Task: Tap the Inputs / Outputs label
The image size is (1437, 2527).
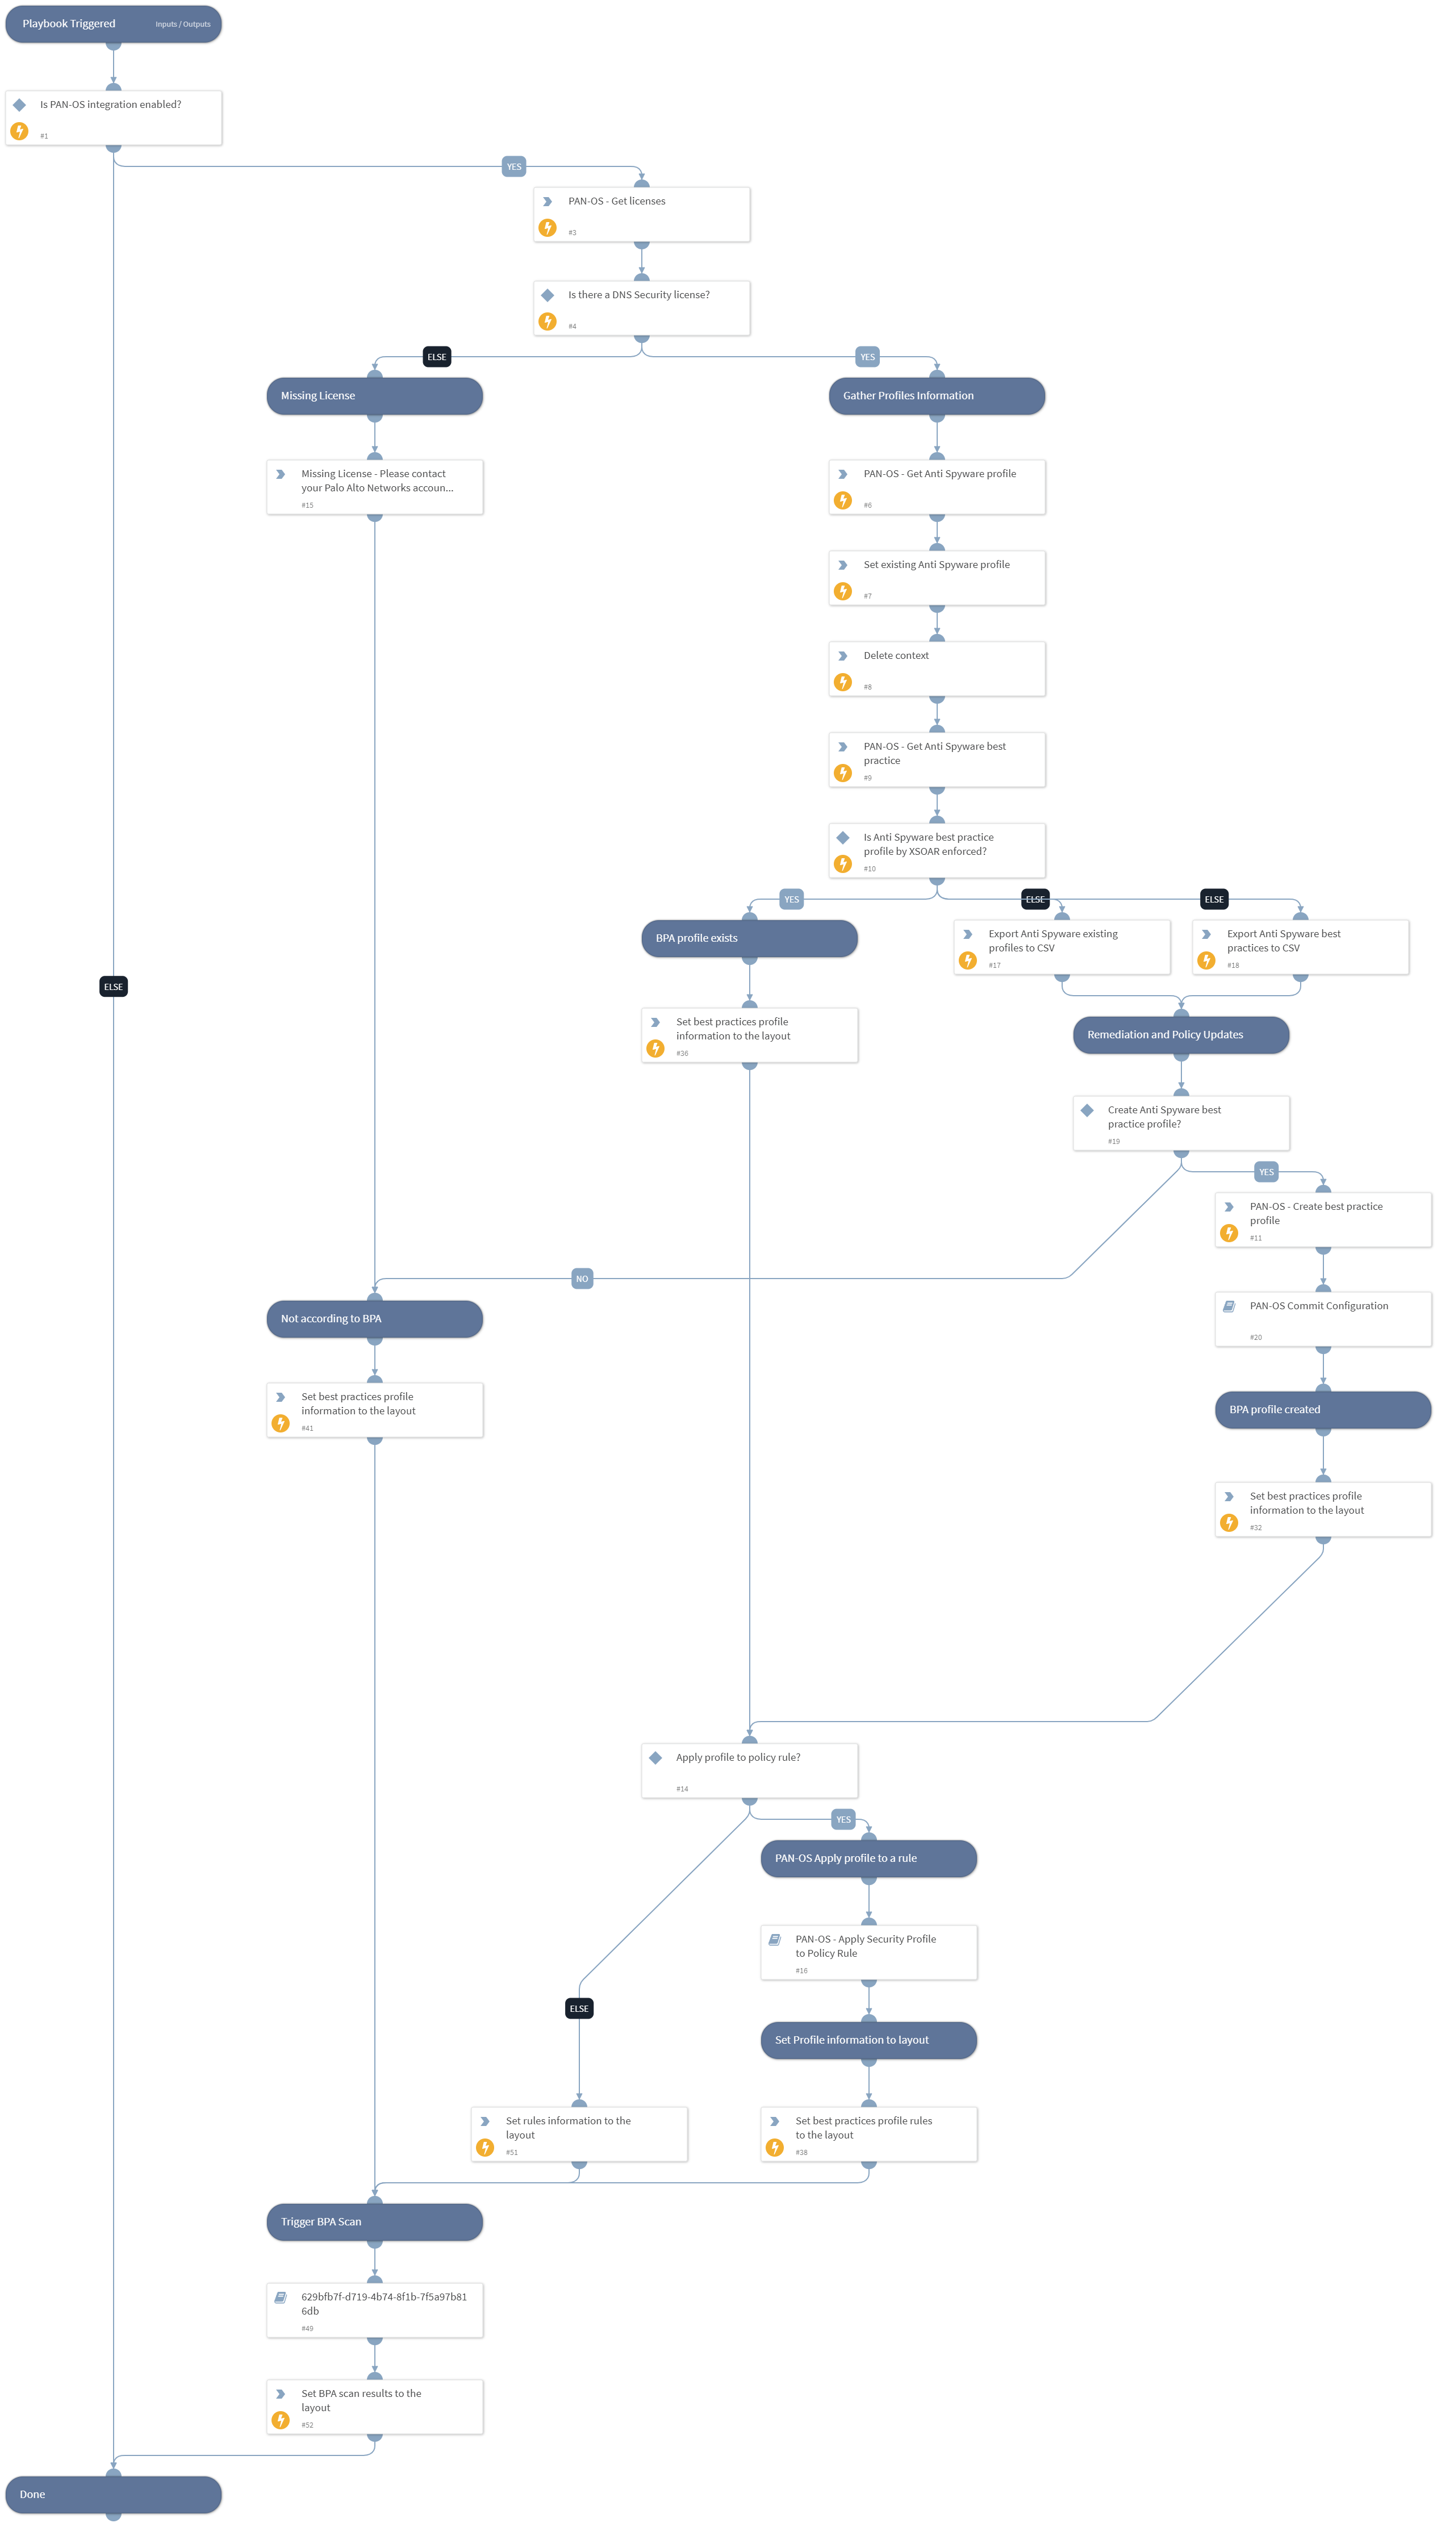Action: [182, 24]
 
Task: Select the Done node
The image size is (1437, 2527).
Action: [112, 2493]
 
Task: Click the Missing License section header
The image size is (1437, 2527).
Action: [374, 396]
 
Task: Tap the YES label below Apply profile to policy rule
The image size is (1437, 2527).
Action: [843, 1819]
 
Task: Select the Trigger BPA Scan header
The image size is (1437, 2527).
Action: [374, 2221]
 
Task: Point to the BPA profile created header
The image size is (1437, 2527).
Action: [1322, 1409]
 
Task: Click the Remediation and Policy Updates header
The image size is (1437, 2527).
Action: [1180, 1034]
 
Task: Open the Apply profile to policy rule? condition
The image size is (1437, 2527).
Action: [749, 1769]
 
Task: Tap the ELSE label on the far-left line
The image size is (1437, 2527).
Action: [114, 987]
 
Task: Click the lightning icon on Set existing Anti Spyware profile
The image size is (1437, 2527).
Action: [843, 591]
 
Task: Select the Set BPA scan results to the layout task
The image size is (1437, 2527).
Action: [374, 2405]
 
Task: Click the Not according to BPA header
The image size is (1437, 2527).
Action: [374, 1318]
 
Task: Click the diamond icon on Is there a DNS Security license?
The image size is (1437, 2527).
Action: [548, 295]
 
